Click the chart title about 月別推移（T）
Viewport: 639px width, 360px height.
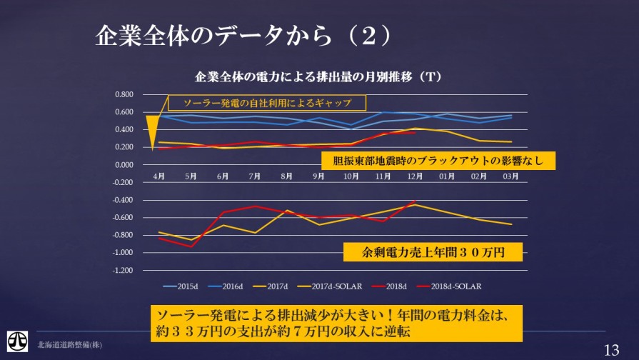[320, 76]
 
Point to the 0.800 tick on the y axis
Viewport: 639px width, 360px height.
[124, 95]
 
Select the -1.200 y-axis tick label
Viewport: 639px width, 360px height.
[124, 271]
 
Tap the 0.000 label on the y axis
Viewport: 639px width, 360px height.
[124, 165]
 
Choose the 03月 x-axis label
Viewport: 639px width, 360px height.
[510, 176]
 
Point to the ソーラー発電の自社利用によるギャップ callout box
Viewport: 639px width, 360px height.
[267, 103]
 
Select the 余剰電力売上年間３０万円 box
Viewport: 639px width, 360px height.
[433, 252]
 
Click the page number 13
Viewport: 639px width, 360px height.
[611, 349]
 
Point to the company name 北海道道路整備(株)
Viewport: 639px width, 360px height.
[69, 345]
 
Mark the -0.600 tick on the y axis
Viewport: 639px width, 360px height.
[124, 218]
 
